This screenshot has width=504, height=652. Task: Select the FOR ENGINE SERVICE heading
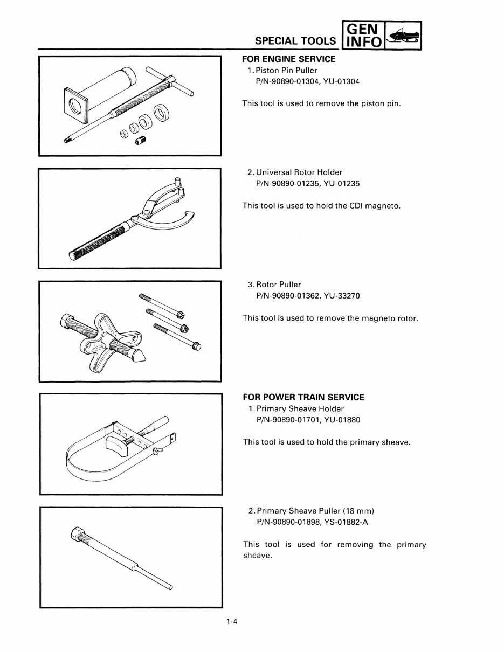(x=288, y=59)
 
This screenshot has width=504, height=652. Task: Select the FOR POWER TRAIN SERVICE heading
(x=303, y=397)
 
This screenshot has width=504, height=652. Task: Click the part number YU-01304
(x=342, y=81)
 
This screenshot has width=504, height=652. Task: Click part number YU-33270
(x=342, y=296)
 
